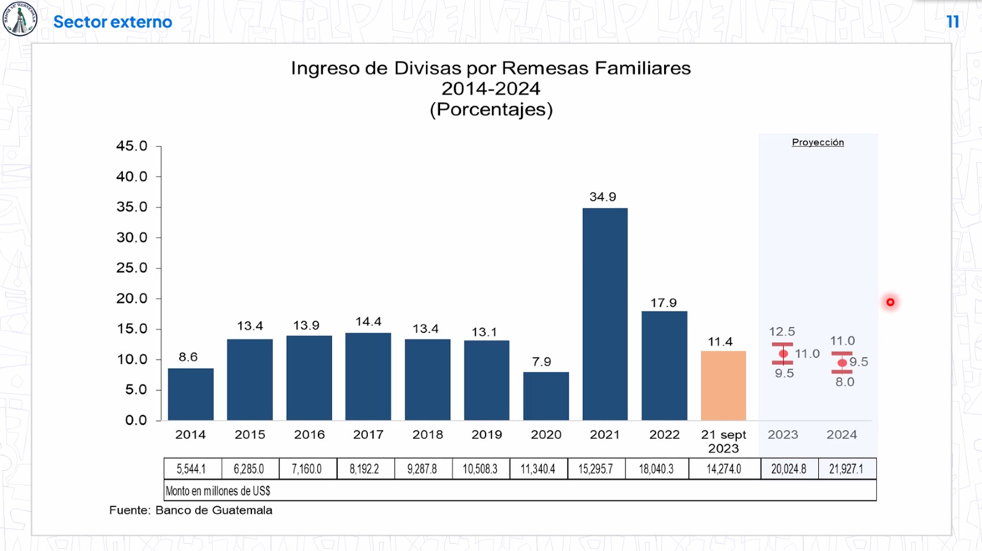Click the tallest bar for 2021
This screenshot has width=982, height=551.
pyautogui.click(x=605, y=314)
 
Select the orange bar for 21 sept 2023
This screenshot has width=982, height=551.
pyautogui.click(x=723, y=386)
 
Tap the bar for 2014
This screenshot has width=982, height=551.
pyautogui.click(x=190, y=394)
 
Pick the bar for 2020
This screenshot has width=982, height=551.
pyautogui.click(x=546, y=396)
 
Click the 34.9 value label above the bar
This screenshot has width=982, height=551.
pyautogui.click(x=603, y=197)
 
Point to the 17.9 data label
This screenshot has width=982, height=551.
pyautogui.click(x=664, y=303)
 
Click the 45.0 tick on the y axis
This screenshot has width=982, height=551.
pyautogui.click(x=132, y=146)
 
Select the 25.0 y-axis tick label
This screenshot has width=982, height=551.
pyautogui.click(x=132, y=268)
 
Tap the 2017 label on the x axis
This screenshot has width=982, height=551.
pyautogui.click(x=368, y=435)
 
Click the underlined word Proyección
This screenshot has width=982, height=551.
pyautogui.click(x=818, y=142)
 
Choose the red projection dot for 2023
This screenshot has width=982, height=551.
pyautogui.click(x=783, y=354)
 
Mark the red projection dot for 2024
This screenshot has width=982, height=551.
pyautogui.click(x=842, y=363)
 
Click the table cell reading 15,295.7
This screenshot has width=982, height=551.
pyautogui.click(x=595, y=469)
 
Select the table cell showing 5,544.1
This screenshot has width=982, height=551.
pyautogui.click(x=191, y=469)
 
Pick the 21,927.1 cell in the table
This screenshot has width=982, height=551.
pyautogui.click(x=846, y=469)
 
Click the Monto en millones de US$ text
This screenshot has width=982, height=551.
pyautogui.click(x=218, y=491)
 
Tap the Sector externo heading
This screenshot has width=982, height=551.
pyautogui.click(x=113, y=22)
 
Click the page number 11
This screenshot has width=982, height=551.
pyautogui.click(x=953, y=22)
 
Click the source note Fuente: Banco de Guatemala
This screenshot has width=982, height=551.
pyautogui.click(x=190, y=510)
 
